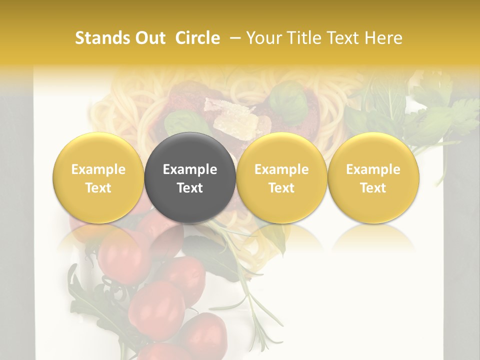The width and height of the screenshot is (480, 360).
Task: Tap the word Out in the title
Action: click(x=149, y=38)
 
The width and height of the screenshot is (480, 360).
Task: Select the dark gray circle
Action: click(x=190, y=177)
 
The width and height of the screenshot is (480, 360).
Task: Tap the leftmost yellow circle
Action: click(x=98, y=177)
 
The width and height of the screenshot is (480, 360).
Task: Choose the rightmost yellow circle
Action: click(x=373, y=177)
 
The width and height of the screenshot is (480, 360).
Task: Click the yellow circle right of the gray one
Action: click(x=281, y=177)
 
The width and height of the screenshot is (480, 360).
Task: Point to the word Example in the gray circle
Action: click(x=190, y=169)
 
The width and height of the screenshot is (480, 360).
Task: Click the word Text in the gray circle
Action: click(x=190, y=188)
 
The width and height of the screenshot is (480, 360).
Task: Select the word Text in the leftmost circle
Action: click(x=98, y=188)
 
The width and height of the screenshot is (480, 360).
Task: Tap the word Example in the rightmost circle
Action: click(x=373, y=169)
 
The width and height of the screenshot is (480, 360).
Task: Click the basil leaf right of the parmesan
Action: click(x=290, y=102)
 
